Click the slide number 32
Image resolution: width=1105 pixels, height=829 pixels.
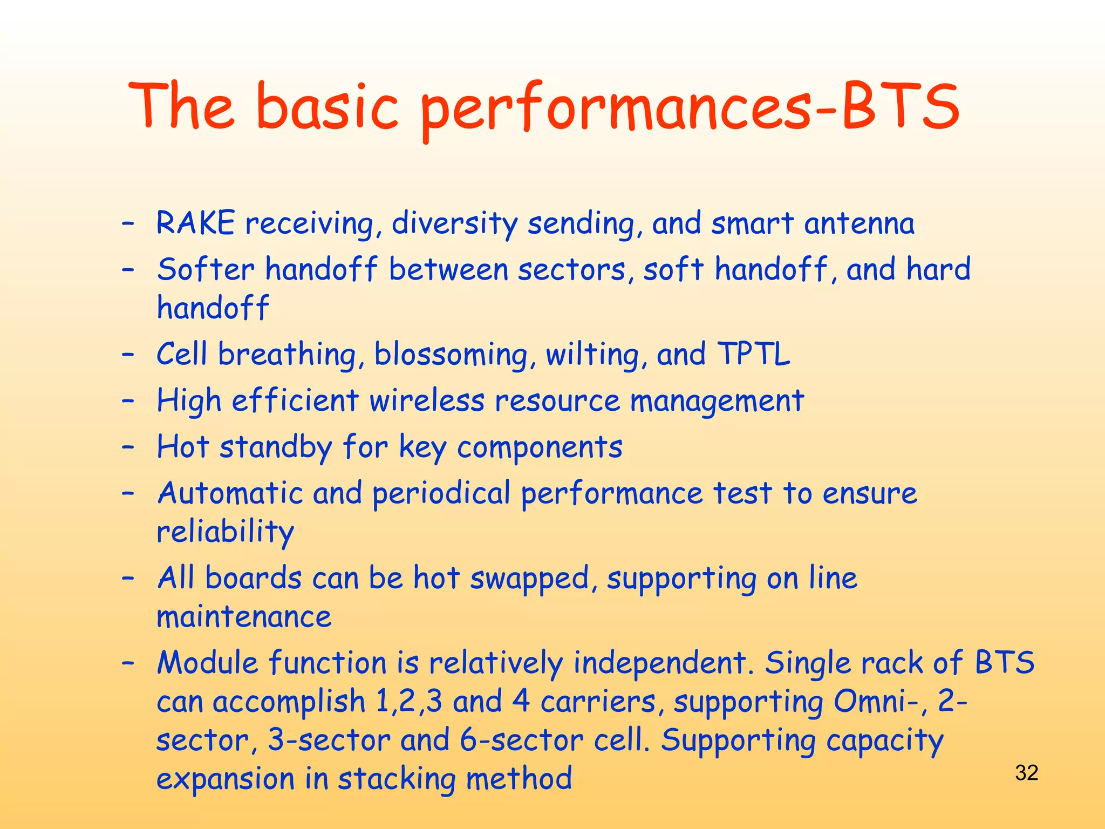pos(1026,773)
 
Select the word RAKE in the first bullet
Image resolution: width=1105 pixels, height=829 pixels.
pos(195,223)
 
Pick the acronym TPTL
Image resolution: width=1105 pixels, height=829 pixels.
pos(754,355)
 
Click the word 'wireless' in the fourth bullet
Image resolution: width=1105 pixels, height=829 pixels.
pos(427,401)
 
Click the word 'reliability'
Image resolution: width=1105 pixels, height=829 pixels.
pos(225,532)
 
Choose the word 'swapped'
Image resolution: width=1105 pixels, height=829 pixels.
pos(529,579)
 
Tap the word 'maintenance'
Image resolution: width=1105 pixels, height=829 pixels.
pos(244,617)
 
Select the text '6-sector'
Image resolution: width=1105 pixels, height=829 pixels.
pos(521,740)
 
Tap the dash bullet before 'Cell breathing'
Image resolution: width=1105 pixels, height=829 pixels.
pos(128,355)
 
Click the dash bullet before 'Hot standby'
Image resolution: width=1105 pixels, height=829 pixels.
pos(128,447)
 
